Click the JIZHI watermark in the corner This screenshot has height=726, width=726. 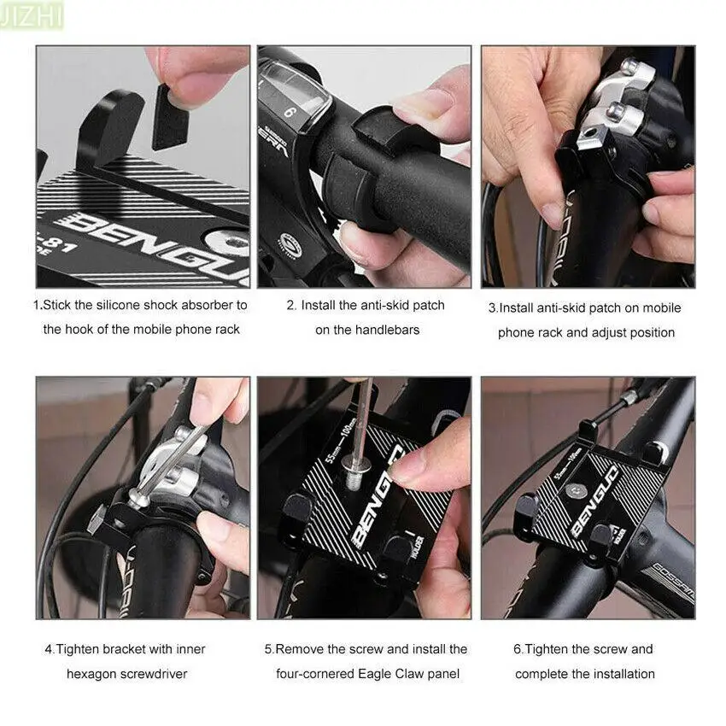(32, 16)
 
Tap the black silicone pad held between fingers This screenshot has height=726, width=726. (170, 118)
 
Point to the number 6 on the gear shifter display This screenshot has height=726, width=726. (290, 113)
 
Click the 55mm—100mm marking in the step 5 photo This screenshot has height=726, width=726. (341, 439)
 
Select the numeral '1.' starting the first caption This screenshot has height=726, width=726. (38, 305)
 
